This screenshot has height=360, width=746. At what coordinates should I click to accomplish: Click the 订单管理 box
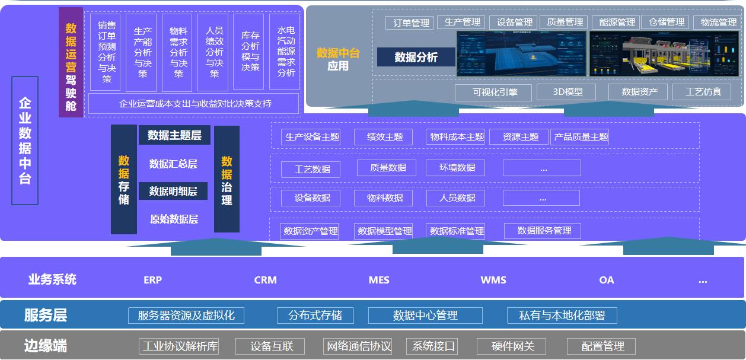click(409, 23)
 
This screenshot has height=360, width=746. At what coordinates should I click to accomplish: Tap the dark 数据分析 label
click(416, 57)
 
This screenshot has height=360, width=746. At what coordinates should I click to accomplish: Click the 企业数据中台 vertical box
click(25, 141)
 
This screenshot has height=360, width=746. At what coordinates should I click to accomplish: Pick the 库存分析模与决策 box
click(250, 52)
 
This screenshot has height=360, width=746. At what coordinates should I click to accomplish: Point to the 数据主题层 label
click(174, 135)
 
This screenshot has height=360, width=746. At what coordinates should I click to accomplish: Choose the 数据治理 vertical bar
click(227, 179)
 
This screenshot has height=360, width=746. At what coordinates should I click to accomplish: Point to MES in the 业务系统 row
click(379, 280)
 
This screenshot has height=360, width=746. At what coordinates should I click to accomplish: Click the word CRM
click(265, 280)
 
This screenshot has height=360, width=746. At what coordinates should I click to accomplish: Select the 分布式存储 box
click(315, 316)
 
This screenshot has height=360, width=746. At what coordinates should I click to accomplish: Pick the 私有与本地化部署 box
click(562, 316)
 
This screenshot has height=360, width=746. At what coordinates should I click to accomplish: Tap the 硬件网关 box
click(513, 346)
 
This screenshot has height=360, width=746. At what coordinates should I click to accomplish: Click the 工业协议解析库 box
click(179, 346)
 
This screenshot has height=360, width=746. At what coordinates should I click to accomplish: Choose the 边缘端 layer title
click(46, 346)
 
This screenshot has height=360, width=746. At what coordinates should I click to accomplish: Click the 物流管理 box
click(718, 23)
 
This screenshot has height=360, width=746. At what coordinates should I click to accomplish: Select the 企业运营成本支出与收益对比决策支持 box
click(193, 104)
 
